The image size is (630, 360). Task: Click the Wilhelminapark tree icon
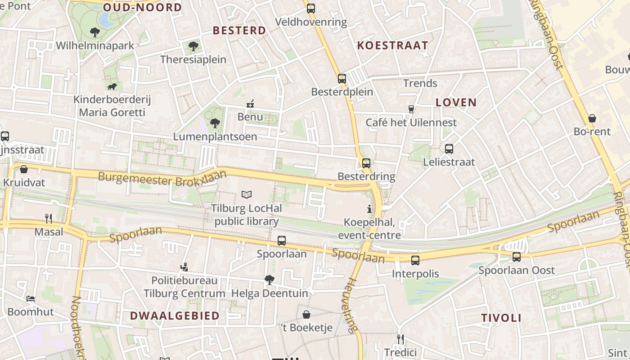pyautogui.click(x=95, y=32)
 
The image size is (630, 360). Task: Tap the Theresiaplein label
pyautogui.click(x=193, y=59)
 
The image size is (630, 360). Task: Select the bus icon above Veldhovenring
pyautogui.click(x=311, y=8)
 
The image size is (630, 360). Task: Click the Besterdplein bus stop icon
pyautogui.click(x=342, y=78)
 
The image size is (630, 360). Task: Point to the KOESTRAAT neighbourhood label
pyautogui.click(x=392, y=45)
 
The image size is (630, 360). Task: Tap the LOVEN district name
pyautogui.click(x=456, y=102)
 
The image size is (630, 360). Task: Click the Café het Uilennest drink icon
pyautogui.click(x=411, y=109)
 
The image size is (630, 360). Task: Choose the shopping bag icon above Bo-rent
pyautogui.click(x=592, y=118)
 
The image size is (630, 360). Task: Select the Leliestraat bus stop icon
pyautogui.click(x=449, y=149)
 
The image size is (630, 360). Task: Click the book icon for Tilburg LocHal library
pyautogui.click(x=247, y=194)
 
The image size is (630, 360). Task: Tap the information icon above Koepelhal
pyautogui.click(x=369, y=209)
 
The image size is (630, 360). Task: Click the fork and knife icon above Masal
pyautogui.click(x=49, y=219)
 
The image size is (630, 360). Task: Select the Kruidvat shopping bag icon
pyautogui.click(x=24, y=169)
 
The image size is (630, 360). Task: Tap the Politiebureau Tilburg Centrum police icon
pyautogui.click(x=184, y=267)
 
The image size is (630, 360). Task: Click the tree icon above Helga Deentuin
pyautogui.click(x=270, y=280)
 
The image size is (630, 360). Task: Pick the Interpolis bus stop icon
pyautogui.click(x=415, y=260)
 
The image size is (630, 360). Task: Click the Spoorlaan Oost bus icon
pyautogui.click(x=517, y=256)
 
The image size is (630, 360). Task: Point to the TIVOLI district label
pyautogui.click(x=501, y=318)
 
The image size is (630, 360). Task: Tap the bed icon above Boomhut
pyautogui.click(x=31, y=298)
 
